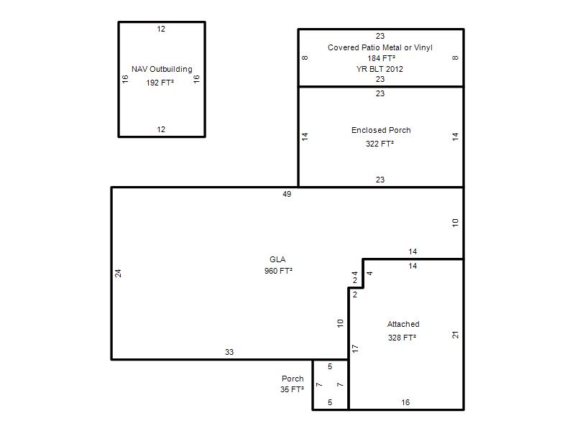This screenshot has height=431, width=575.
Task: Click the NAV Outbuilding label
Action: pos(162,69)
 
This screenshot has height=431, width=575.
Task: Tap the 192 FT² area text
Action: pos(160,83)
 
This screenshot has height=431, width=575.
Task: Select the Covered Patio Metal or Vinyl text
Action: pos(380,47)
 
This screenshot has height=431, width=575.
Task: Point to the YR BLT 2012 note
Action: pos(379,69)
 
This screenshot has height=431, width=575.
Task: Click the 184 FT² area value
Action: pos(382,58)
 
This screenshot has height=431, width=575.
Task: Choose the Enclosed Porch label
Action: pos(381,130)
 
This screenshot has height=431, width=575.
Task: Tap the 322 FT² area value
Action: pos(379,144)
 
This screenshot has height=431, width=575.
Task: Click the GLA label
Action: pos(277,259)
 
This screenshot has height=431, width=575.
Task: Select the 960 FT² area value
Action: pos(278,271)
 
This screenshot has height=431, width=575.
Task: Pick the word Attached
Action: pos(403,324)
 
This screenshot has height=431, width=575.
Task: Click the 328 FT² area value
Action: pos(402,338)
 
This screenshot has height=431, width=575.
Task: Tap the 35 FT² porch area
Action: pos(293,389)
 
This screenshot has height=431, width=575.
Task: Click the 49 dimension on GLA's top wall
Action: pos(287,194)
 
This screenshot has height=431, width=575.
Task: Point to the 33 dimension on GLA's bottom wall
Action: pos(229,352)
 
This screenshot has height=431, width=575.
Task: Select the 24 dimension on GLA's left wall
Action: pos(118,274)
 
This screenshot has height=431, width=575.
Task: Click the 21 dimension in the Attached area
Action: pos(456,335)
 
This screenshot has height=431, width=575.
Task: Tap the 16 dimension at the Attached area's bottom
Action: pos(405,402)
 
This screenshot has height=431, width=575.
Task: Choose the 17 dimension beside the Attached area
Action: pos(355,348)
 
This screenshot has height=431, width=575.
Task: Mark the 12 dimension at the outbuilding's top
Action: pos(161,29)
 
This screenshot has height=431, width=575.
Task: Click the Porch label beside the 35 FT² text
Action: pos(293,379)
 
